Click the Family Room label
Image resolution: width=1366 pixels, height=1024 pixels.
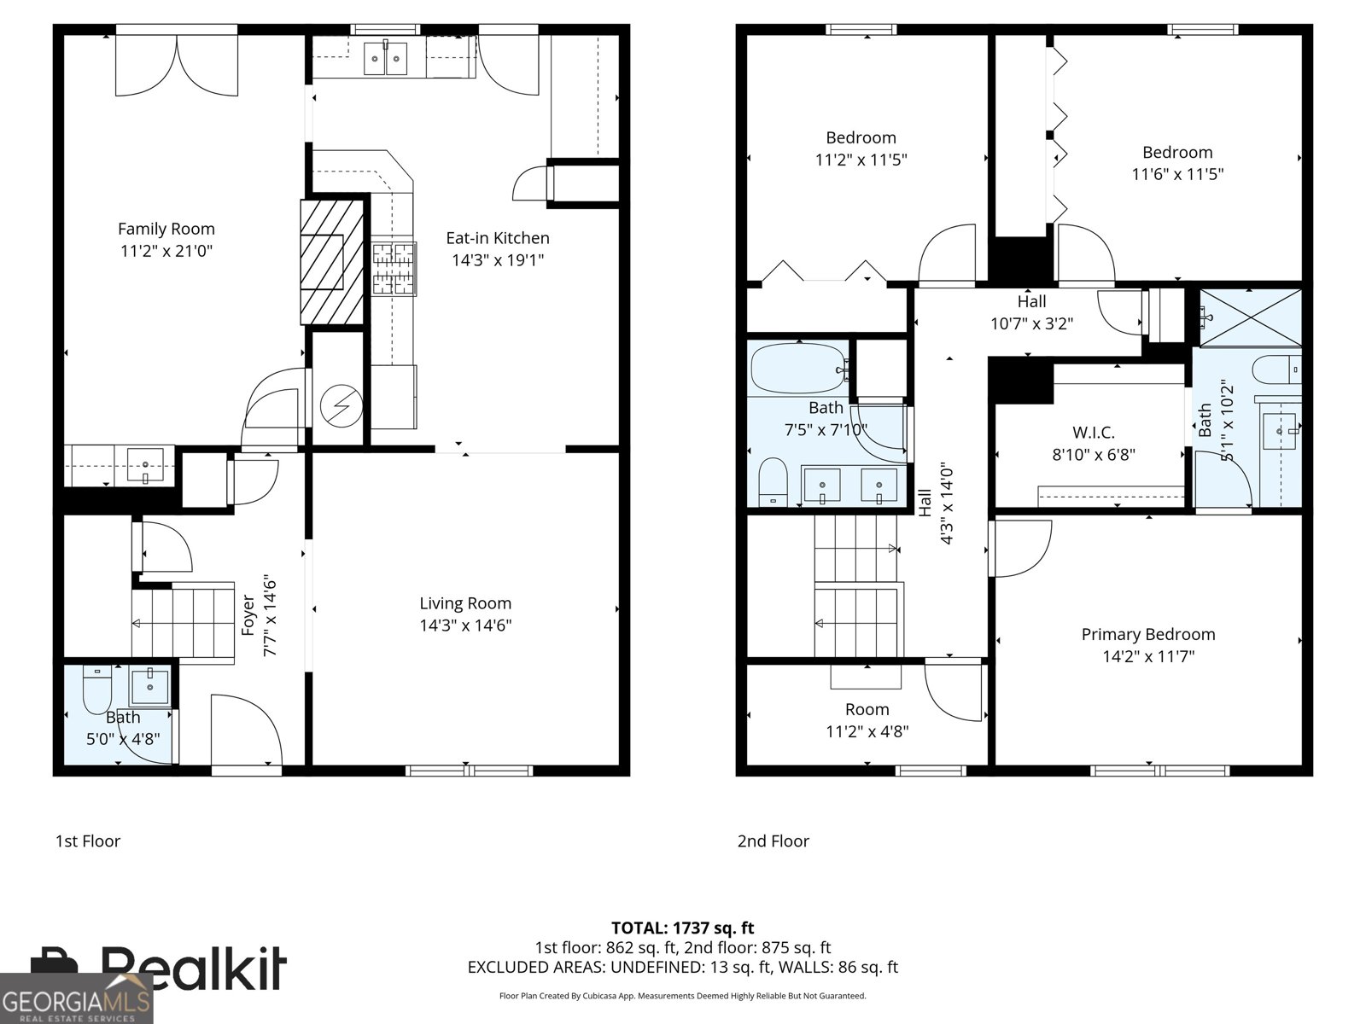click(x=166, y=229)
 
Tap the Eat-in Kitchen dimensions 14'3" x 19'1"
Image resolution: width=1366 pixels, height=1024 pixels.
click(x=498, y=260)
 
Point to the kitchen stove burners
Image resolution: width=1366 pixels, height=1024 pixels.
click(x=393, y=269)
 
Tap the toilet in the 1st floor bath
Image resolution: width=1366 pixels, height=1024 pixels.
click(x=96, y=691)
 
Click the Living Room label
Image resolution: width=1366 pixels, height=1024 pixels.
click(x=465, y=603)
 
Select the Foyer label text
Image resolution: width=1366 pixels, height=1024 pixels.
click(x=248, y=614)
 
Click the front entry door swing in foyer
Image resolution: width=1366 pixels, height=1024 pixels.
click(x=245, y=730)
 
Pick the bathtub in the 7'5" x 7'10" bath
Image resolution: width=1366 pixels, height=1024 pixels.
click(x=797, y=368)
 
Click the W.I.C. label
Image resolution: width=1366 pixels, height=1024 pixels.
click(x=1093, y=433)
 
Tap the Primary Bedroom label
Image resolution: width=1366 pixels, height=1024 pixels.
click(x=1147, y=634)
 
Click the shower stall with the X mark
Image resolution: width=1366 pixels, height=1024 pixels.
click(x=1251, y=317)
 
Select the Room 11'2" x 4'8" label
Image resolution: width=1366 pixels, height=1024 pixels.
click(x=867, y=720)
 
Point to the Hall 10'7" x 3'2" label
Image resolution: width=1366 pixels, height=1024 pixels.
click(x=1031, y=312)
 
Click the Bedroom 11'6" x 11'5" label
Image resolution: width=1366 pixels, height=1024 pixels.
click(x=1177, y=163)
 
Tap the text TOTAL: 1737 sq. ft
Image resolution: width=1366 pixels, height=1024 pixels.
click(x=682, y=928)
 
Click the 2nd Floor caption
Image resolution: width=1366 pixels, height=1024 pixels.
click(x=773, y=841)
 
